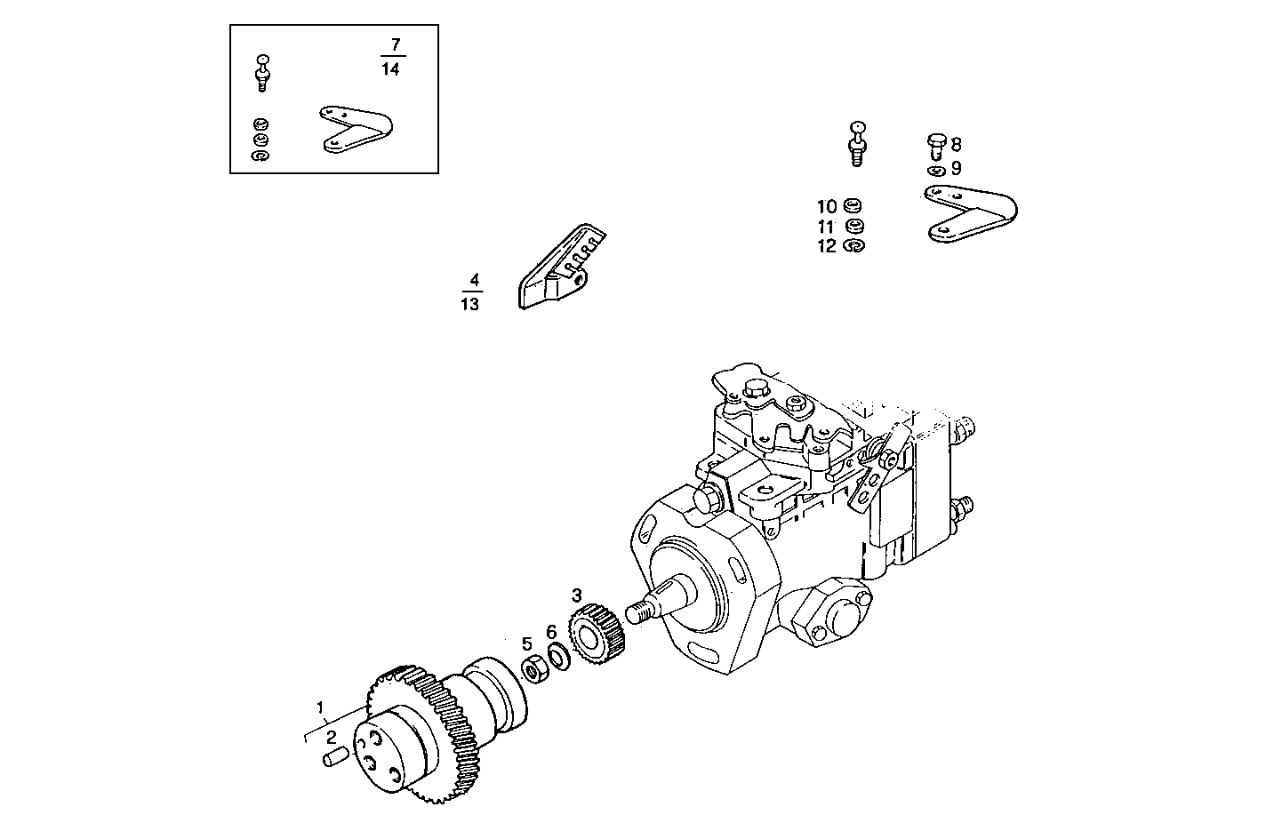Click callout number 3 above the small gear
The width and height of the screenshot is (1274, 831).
click(x=576, y=595)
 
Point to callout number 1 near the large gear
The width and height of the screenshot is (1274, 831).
click(x=320, y=707)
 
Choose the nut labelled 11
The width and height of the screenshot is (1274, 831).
click(x=853, y=226)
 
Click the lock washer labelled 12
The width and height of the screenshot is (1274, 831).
click(x=853, y=245)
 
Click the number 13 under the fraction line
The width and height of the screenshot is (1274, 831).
click(x=470, y=305)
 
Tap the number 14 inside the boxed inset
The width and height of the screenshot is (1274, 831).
click(x=390, y=70)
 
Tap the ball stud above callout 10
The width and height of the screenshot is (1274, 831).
click(x=858, y=141)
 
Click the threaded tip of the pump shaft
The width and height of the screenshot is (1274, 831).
click(x=635, y=612)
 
